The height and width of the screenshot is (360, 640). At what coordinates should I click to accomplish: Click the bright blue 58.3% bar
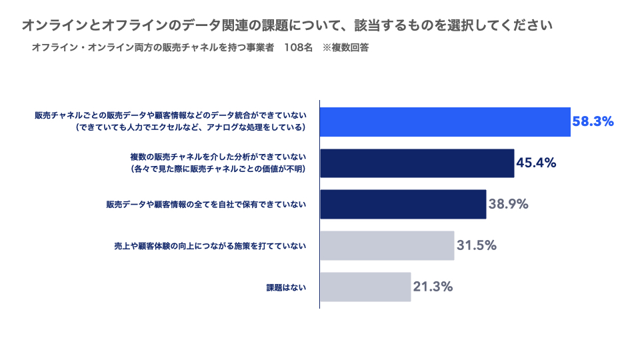point(445,121)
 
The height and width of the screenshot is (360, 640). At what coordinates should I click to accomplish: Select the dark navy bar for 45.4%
point(417,163)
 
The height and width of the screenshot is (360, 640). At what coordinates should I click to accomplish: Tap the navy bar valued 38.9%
point(403,204)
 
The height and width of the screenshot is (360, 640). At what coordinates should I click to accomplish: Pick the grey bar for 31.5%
point(387,246)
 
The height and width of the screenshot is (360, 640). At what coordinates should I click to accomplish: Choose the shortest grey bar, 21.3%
point(365,287)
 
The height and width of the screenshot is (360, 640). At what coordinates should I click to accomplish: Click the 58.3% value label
point(593,121)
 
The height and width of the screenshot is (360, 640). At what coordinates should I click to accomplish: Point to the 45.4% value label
point(536,163)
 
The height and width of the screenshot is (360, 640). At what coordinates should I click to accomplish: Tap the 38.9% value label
point(508,204)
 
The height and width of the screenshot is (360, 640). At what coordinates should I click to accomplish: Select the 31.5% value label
point(476,245)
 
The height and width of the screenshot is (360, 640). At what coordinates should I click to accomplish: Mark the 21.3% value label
point(433,287)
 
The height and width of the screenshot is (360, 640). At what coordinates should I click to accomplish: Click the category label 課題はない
point(286,287)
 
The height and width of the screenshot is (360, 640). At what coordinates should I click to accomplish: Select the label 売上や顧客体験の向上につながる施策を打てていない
point(210,246)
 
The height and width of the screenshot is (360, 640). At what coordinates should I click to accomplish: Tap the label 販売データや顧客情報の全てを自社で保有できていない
point(206,204)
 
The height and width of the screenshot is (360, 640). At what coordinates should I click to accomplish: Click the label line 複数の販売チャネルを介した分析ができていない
point(218,157)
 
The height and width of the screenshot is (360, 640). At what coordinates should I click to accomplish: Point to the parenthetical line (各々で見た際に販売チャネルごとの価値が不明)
point(218,169)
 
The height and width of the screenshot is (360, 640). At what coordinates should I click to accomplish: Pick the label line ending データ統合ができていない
point(170,115)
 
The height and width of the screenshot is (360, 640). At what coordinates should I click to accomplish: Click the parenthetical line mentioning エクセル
point(190,127)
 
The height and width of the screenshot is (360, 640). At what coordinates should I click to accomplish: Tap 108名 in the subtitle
point(299,47)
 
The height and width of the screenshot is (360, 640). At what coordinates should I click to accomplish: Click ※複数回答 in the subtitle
point(346,47)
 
